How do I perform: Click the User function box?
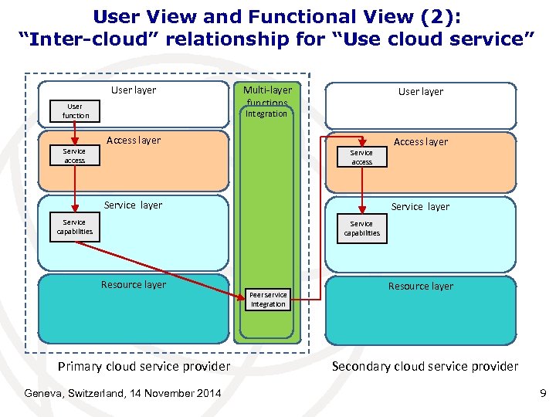75,111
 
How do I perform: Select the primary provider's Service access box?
75,156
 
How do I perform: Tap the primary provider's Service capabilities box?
75,227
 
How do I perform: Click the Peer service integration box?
268,300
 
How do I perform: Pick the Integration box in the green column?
266,114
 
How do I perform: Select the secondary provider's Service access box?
361,158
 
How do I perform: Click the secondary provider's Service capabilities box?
361,229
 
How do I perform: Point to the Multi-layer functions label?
267,96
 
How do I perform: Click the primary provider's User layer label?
134,90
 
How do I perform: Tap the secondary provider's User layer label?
420,92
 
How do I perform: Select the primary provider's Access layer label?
134,141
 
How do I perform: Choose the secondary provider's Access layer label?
420,142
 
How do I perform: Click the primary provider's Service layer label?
133,205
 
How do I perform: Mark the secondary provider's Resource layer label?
420,286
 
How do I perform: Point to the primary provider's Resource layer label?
133,285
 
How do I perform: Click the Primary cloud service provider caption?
144,366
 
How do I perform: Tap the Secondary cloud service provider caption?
425,366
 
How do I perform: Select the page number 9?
542,394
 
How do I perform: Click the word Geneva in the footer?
44,394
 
